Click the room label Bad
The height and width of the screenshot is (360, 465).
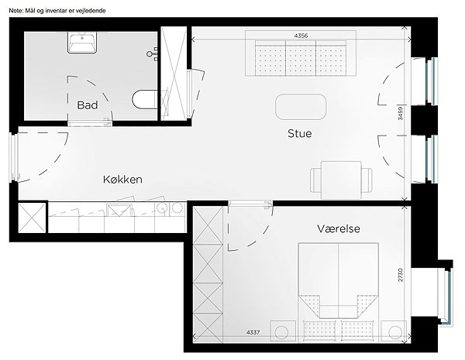[87, 105]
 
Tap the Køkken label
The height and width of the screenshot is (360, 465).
[122, 180]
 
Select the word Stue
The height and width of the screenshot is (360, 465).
[299, 133]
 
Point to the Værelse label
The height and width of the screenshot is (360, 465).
[339, 228]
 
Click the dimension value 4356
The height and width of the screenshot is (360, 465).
[301, 36]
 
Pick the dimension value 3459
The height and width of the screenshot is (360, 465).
[401, 113]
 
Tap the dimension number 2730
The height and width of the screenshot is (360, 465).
[401, 275]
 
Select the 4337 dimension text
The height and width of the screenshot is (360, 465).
[253, 332]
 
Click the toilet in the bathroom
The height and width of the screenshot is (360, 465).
[144, 99]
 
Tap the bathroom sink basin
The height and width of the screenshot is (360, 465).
[82, 43]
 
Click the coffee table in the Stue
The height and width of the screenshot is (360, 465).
[301, 107]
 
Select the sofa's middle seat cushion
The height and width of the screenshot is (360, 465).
[301, 58]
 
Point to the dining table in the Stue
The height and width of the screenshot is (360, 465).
[341, 180]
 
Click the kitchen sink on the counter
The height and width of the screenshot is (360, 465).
[119, 210]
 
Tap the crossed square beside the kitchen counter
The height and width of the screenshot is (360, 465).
[32, 218]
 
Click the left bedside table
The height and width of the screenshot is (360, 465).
[283, 331]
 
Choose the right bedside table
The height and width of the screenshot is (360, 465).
[394, 331]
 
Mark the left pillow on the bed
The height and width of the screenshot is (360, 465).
[319, 331]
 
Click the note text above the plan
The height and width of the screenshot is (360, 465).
[57, 11]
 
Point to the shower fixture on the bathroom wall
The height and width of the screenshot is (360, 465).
[153, 53]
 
